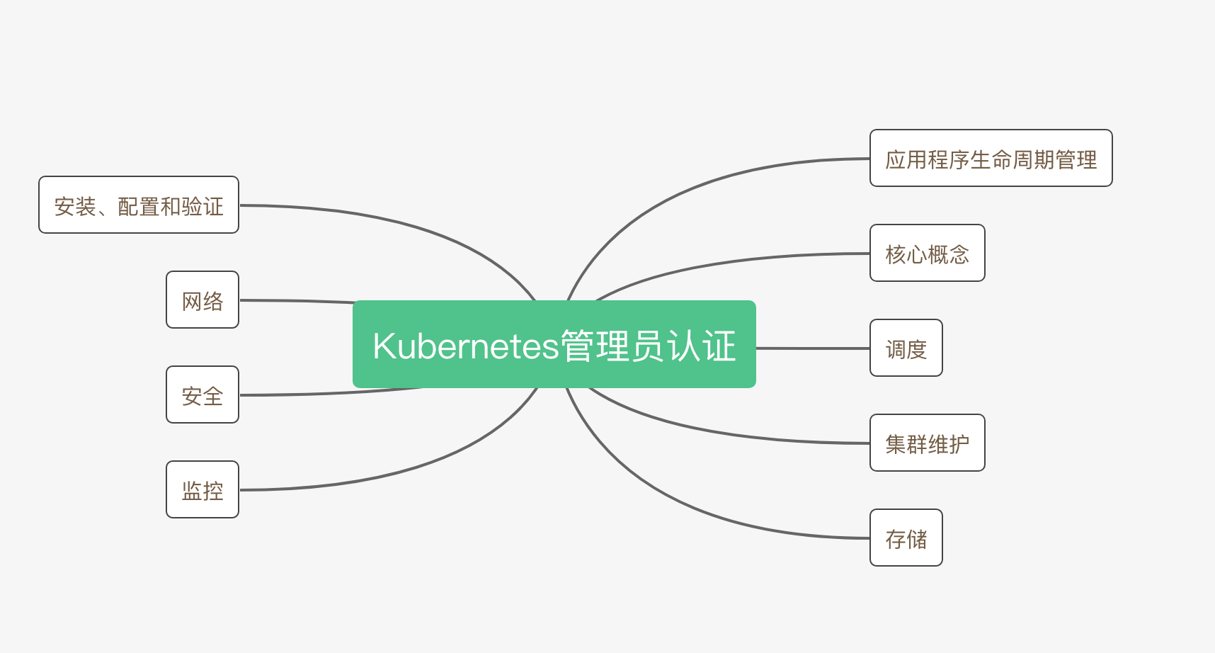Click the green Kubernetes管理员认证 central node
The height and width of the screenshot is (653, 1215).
click(x=554, y=344)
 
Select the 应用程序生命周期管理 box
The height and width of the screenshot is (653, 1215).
click(x=991, y=158)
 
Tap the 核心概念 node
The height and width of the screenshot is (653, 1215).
click(x=928, y=253)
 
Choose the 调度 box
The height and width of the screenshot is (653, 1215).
click(x=906, y=348)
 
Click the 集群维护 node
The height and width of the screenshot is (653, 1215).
click(x=928, y=443)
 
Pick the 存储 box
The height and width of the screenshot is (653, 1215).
click(x=906, y=538)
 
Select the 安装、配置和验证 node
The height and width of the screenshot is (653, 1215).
click(x=139, y=205)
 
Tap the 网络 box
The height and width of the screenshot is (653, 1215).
click(x=202, y=300)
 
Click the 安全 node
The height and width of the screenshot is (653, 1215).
click(x=202, y=394)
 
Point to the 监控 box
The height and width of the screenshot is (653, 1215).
click(x=202, y=489)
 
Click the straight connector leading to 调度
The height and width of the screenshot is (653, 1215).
click(x=813, y=348)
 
